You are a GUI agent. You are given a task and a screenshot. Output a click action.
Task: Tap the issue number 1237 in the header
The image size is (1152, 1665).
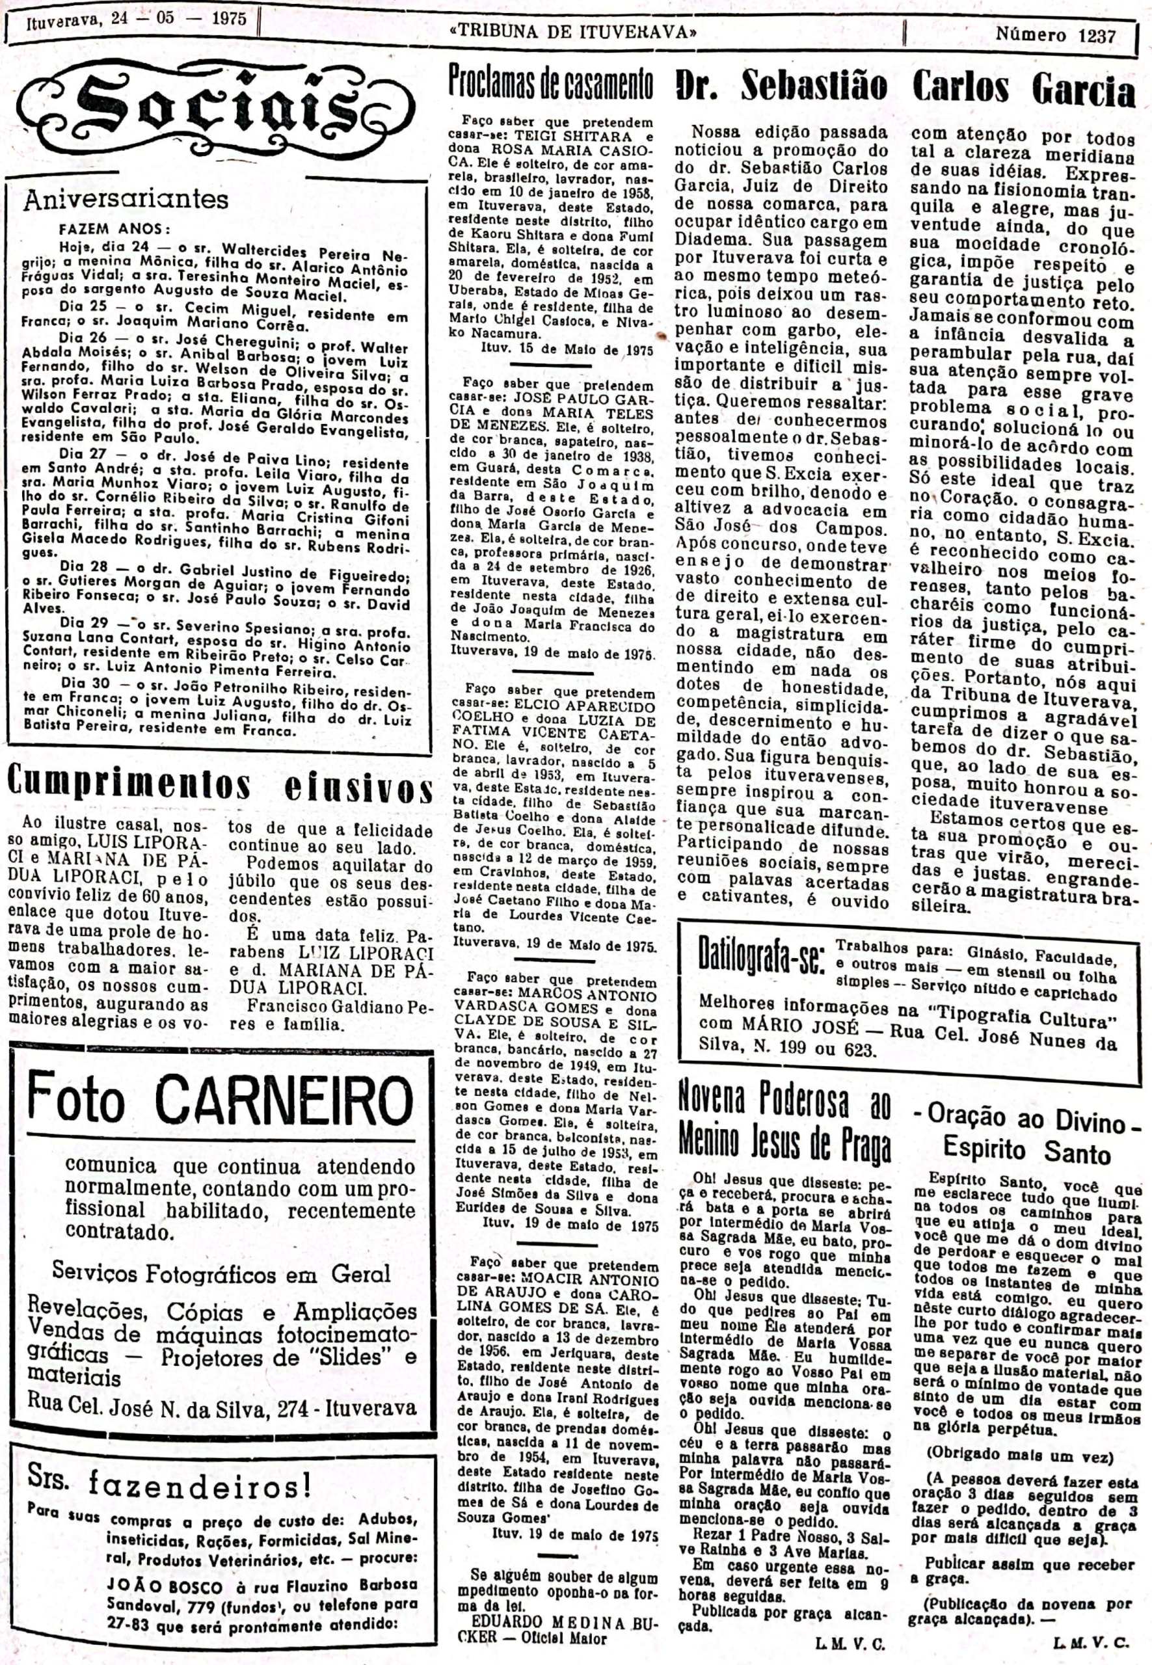pyautogui.click(x=1097, y=34)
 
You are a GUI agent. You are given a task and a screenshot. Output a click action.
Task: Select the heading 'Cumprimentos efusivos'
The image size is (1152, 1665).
pyautogui.click(x=219, y=785)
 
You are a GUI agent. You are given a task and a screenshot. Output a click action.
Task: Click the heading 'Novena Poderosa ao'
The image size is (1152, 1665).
pyautogui.click(x=784, y=1100)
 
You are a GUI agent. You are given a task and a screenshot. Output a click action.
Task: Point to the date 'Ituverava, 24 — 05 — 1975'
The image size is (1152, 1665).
pyautogui.click(x=137, y=19)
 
